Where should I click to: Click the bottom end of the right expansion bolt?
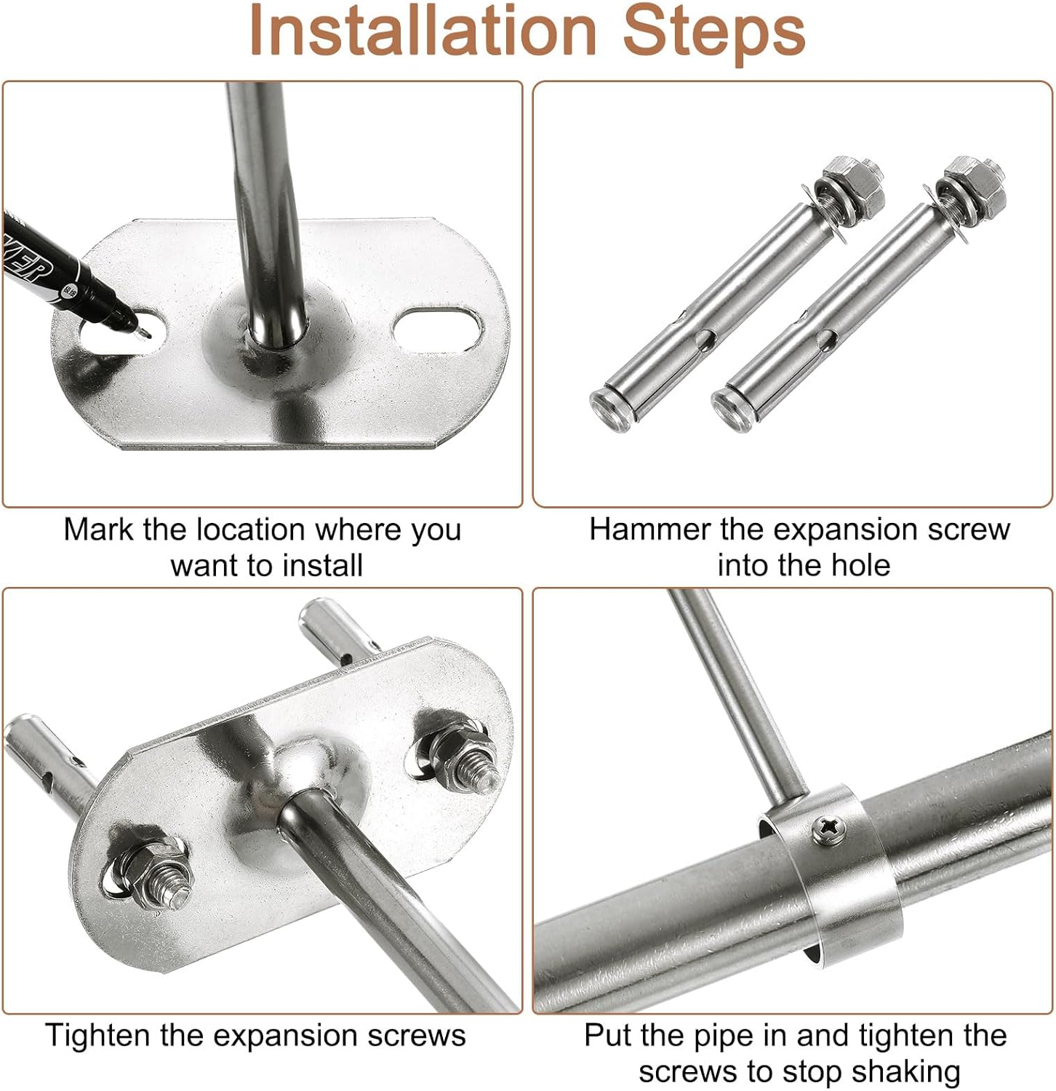(729, 403)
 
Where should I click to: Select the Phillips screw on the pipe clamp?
(831, 828)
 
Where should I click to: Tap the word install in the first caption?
(321, 565)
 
